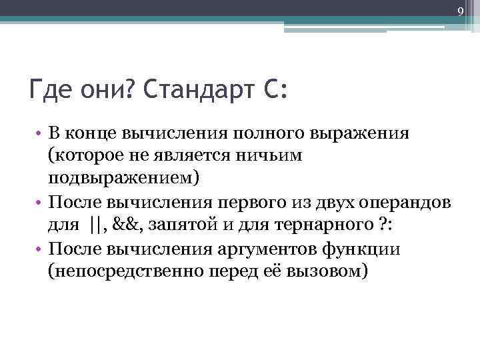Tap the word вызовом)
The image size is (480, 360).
coord(326,271)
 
